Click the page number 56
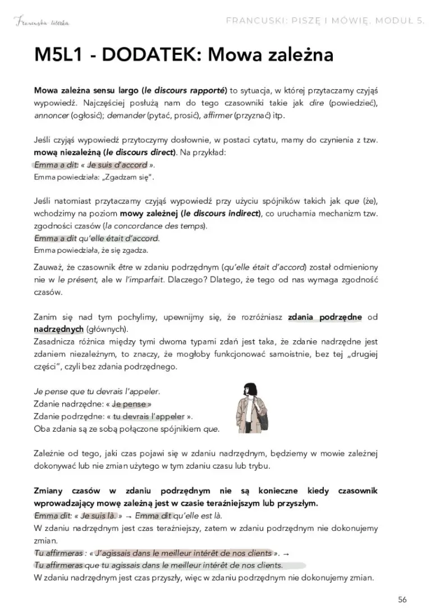[x=402, y=599]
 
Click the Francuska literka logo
[x=43, y=22]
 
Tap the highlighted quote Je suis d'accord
[x=117, y=165]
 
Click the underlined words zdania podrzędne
[x=324, y=317]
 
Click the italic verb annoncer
[x=52, y=115]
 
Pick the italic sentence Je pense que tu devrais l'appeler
[x=97, y=391]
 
